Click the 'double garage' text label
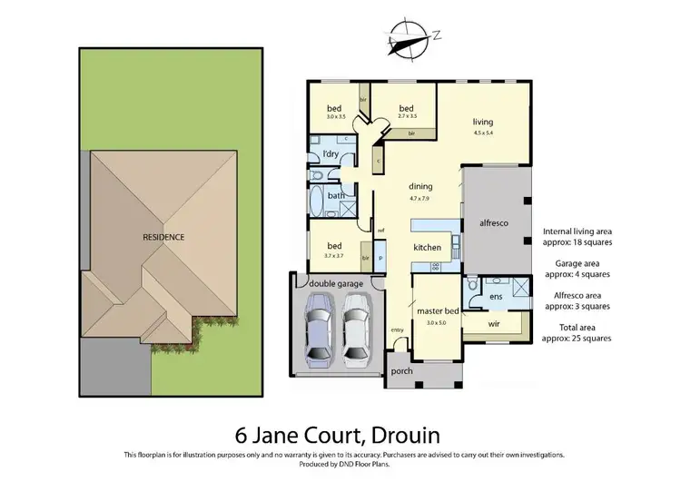point(335,284)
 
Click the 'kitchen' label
point(427,247)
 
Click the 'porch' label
point(400,371)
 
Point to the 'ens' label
point(495,296)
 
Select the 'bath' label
point(335,195)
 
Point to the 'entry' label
point(397,330)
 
